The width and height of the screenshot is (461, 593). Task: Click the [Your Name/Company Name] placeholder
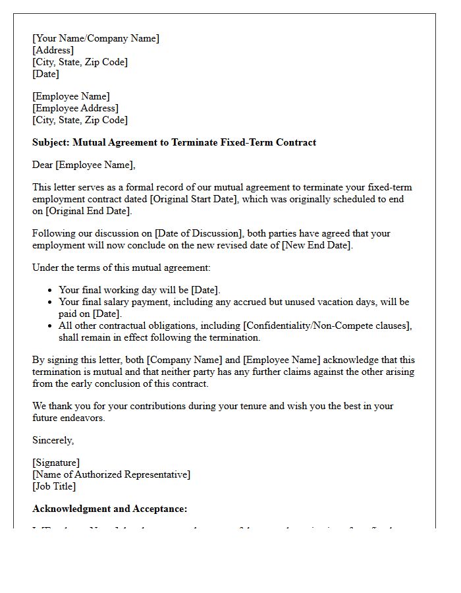click(x=95, y=38)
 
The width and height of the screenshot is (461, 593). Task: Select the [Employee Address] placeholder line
click(x=75, y=108)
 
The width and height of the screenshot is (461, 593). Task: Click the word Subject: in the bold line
click(x=51, y=142)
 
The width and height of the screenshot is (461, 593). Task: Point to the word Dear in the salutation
click(x=43, y=165)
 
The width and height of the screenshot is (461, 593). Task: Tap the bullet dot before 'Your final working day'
click(x=50, y=291)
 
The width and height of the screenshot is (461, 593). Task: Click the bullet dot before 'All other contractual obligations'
click(x=50, y=326)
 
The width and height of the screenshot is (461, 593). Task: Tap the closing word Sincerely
click(x=53, y=440)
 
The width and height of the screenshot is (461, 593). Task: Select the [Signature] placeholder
click(x=56, y=463)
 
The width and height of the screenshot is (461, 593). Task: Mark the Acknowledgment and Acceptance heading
click(x=110, y=509)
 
